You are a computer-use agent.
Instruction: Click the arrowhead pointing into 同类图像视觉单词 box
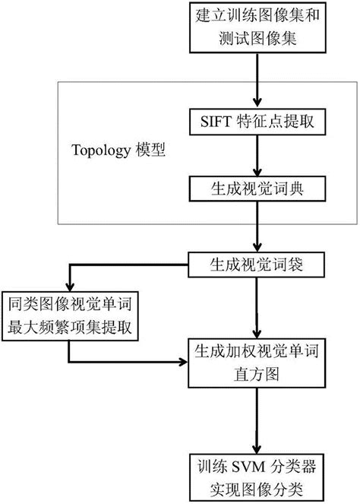click(70, 288)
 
